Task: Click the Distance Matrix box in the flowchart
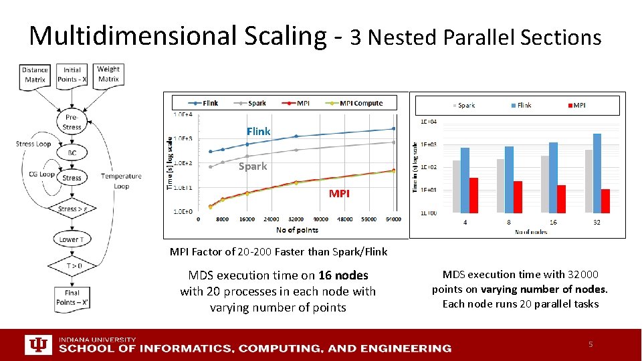coord(35,75)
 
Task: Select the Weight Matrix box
coord(108,74)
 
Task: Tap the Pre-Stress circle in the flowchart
coord(72,122)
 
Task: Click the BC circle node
coord(72,153)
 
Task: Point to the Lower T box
coord(71,239)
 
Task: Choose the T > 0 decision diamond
coord(72,266)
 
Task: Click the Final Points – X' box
coord(72,297)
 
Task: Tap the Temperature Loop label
coord(121,180)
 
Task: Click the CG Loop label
coord(41,174)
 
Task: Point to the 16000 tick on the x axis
coord(247,219)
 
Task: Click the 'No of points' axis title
coord(297,230)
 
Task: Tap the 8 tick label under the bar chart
coord(509,222)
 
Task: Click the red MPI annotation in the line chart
coord(338,193)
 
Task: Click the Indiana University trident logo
coord(37,345)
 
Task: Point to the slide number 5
coord(591,344)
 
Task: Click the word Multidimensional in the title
coord(130,35)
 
